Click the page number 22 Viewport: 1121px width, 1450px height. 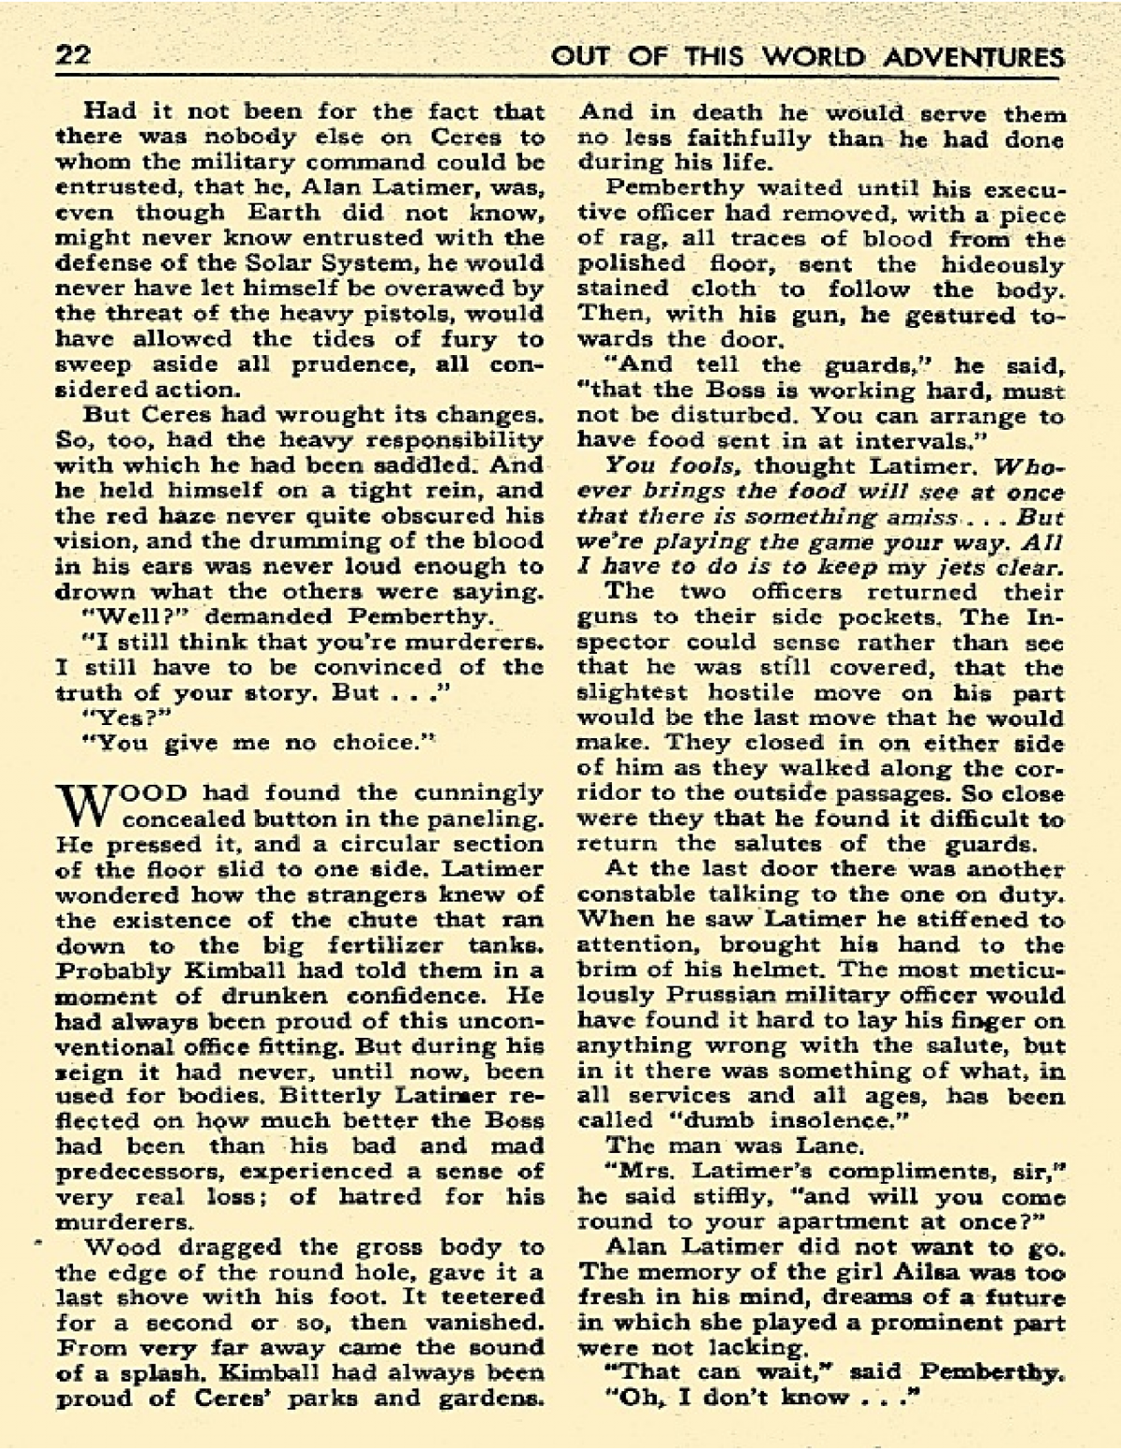click(72, 56)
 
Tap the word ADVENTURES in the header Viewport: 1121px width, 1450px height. click(975, 57)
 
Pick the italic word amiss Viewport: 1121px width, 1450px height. click(920, 517)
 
